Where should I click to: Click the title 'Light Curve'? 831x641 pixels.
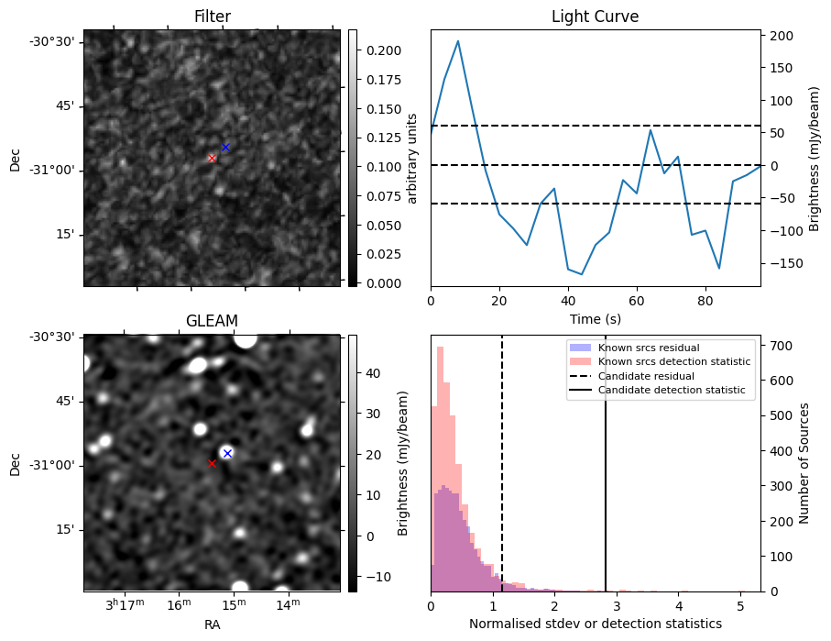tap(595, 17)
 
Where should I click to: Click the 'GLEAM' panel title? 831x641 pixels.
tap(212, 321)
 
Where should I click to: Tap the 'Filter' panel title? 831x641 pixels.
tap(212, 17)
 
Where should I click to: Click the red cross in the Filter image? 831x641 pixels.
tap(212, 158)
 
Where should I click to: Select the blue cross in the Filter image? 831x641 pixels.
tap(225, 147)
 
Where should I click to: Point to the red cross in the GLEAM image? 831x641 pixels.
tap(212, 463)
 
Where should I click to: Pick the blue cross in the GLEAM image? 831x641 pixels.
tap(227, 453)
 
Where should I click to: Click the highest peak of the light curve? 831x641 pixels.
tap(458, 41)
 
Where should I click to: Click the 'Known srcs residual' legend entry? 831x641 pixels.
tap(648, 348)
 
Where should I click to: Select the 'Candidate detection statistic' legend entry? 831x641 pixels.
tap(672, 391)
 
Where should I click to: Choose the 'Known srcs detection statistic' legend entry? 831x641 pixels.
tap(673, 361)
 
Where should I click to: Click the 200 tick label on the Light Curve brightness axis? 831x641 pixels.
tap(781, 36)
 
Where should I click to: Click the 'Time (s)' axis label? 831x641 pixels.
tap(595, 319)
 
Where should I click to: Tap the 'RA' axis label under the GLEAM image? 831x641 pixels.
tap(212, 624)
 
